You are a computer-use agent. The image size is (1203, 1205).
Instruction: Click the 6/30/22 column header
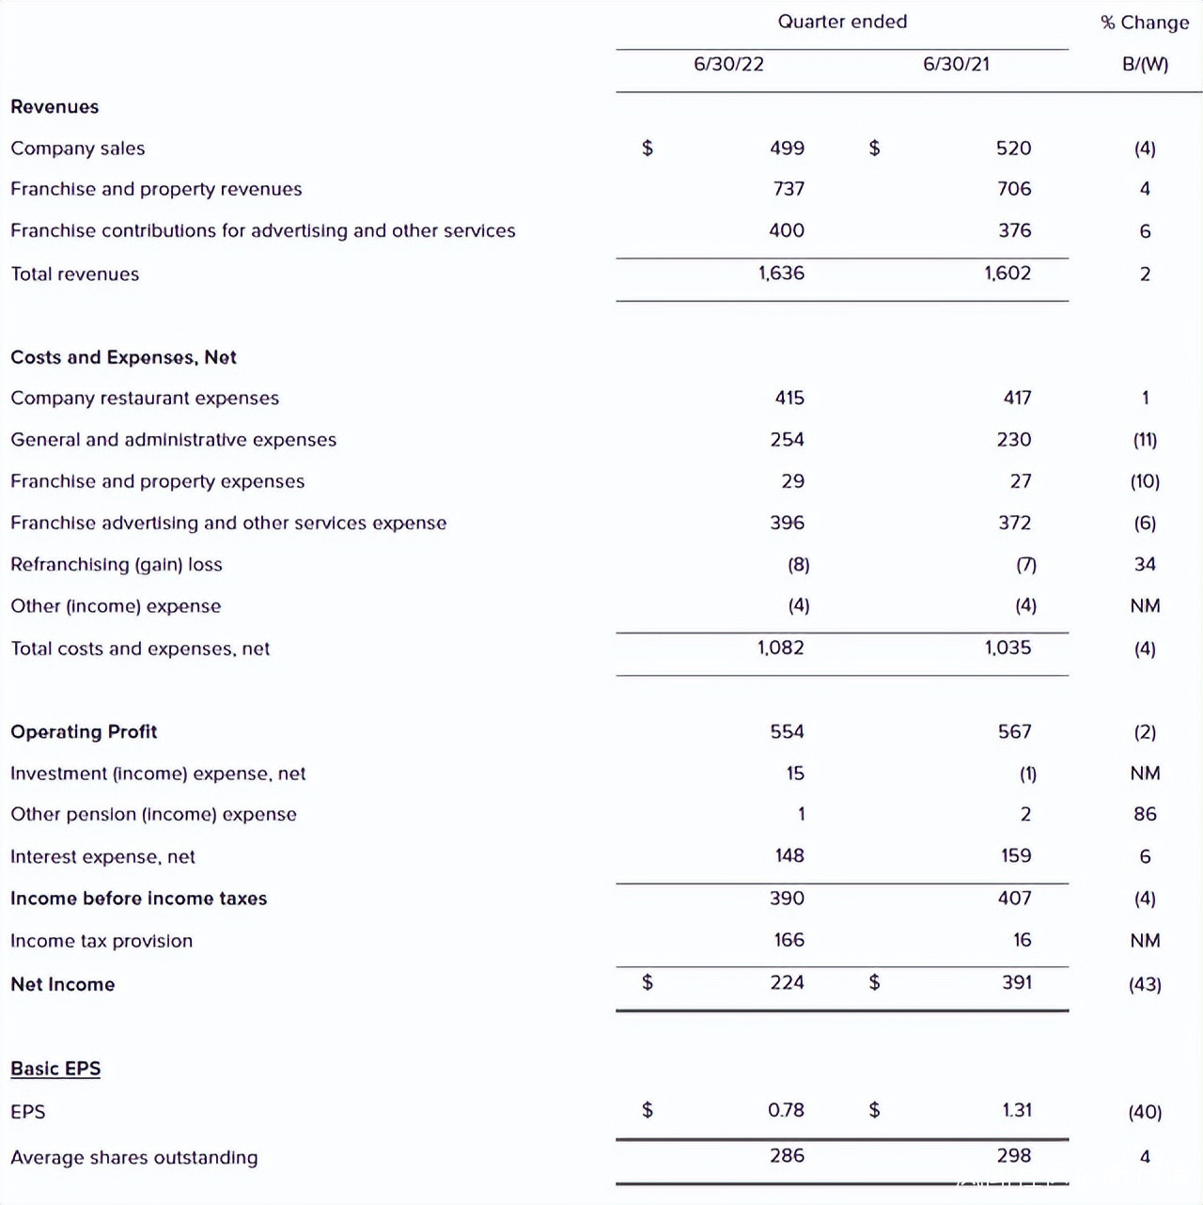click(x=728, y=64)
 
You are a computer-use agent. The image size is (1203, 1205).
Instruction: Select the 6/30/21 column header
click(x=956, y=64)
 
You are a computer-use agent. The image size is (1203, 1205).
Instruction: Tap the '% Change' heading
click(x=1145, y=23)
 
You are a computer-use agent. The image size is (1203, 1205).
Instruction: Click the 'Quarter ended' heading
click(x=842, y=22)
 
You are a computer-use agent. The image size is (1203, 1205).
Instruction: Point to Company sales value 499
click(x=787, y=149)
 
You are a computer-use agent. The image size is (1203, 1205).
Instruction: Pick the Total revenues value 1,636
click(x=781, y=274)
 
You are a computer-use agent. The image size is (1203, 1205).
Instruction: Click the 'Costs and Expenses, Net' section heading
click(x=123, y=357)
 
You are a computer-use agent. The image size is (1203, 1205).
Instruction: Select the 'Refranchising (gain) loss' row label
click(x=117, y=565)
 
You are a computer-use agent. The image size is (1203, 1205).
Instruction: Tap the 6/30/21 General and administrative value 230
click(x=1014, y=440)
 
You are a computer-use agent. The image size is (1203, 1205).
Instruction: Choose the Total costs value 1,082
click(x=780, y=648)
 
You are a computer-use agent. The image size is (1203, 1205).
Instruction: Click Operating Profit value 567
click(x=1014, y=731)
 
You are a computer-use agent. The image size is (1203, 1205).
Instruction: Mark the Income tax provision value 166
click(x=789, y=940)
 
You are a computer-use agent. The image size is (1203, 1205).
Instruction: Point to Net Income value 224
click(x=787, y=982)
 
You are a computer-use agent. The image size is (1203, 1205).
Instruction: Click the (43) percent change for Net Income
click(x=1145, y=984)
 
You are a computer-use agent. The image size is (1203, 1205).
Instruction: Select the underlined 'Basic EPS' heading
click(x=55, y=1069)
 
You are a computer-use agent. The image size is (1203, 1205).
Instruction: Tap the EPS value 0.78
click(x=786, y=1110)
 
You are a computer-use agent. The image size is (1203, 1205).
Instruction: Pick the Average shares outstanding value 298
click(x=1014, y=1155)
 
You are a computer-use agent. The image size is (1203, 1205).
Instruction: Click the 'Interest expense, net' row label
click(x=102, y=856)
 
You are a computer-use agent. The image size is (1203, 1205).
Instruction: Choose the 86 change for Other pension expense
click(x=1145, y=814)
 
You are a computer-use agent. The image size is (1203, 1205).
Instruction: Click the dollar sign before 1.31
click(x=874, y=1110)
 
